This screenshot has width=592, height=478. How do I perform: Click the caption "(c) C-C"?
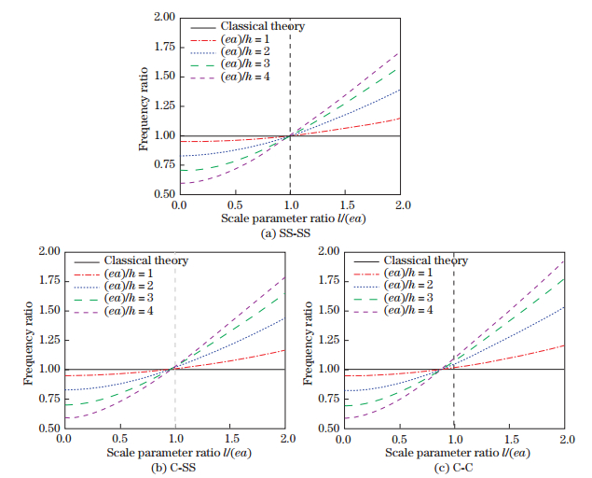(454, 464)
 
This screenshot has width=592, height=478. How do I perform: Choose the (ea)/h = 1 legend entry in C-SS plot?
(131, 274)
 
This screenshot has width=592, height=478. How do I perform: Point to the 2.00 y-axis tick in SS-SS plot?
(163, 17)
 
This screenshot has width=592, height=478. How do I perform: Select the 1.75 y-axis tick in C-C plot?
(326, 280)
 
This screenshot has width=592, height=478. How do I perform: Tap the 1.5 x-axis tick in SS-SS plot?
(346, 204)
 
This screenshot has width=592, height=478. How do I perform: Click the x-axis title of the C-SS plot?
(174, 451)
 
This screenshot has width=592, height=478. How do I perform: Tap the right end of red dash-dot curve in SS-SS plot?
(401, 118)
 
